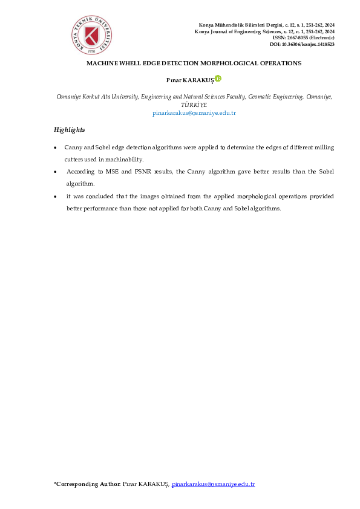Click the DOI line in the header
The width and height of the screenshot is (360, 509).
point(302,45)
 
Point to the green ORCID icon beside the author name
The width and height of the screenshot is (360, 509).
point(218,78)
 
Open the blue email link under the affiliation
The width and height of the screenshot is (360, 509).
point(194,113)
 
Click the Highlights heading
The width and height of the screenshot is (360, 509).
point(69,130)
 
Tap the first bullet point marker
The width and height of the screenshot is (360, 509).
point(56,148)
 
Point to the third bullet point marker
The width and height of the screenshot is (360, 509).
point(56,196)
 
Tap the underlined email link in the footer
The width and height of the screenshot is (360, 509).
point(213,485)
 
